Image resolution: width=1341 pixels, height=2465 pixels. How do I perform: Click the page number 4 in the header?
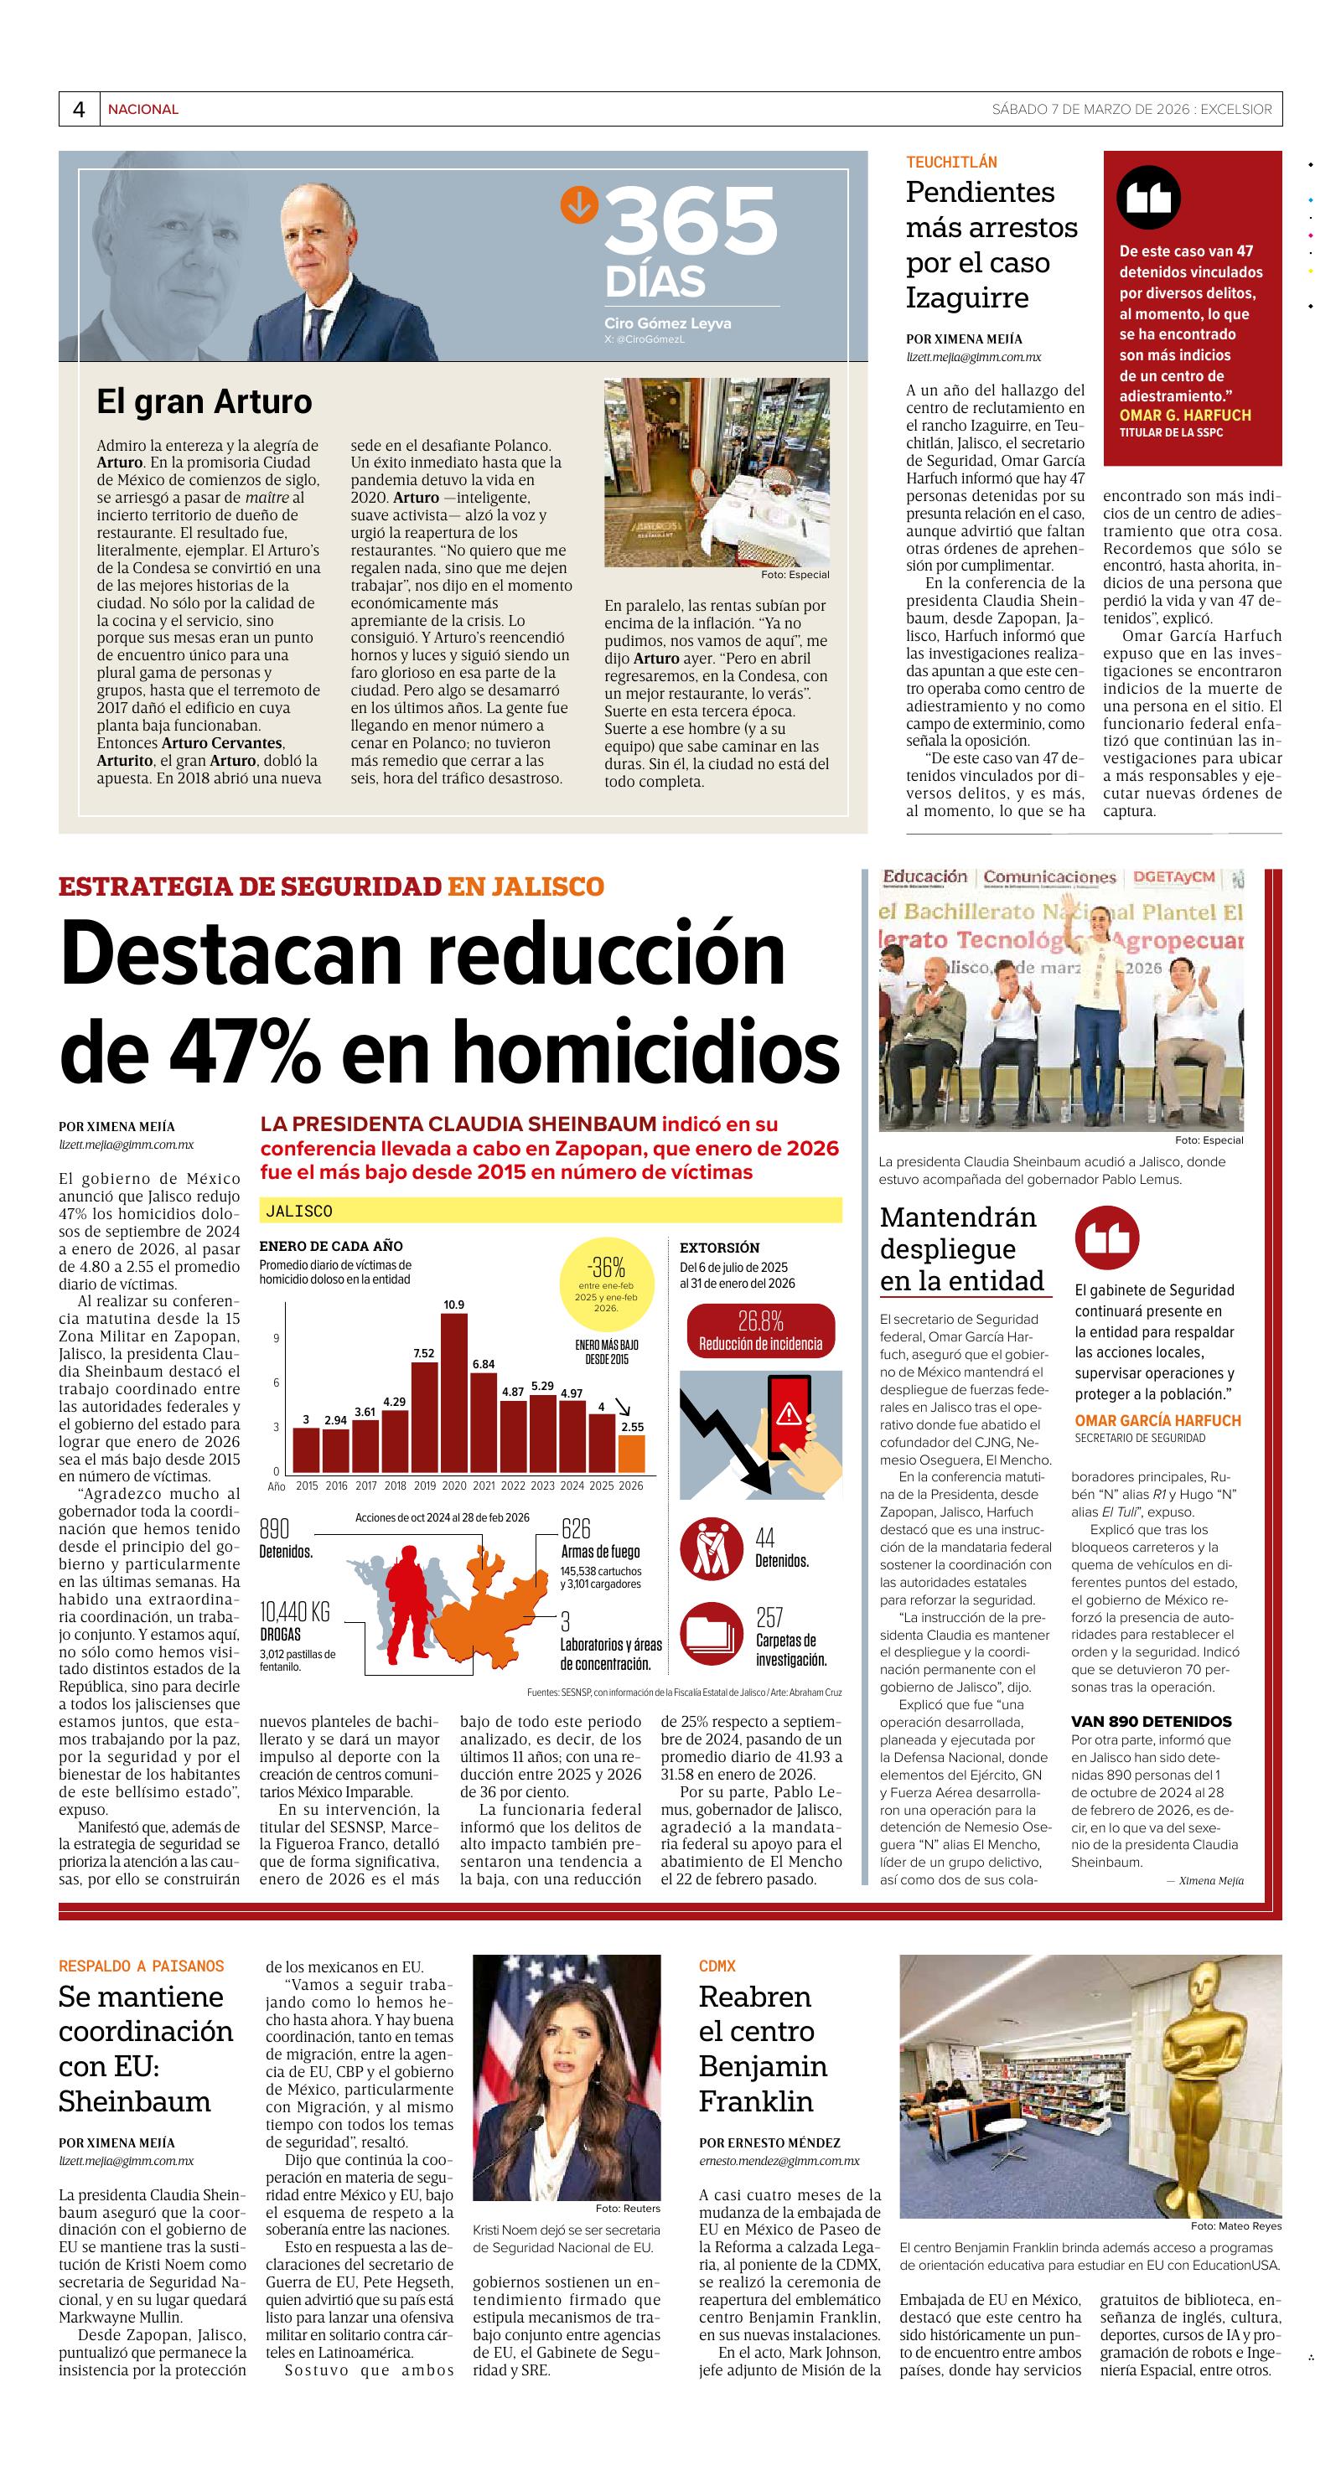[79, 109]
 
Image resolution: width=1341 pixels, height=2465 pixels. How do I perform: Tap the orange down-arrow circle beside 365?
[579, 204]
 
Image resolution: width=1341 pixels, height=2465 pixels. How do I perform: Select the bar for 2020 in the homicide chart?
[453, 1392]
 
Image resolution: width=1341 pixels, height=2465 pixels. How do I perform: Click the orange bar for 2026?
[631, 1452]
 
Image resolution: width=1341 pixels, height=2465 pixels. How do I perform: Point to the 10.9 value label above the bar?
[453, 1305]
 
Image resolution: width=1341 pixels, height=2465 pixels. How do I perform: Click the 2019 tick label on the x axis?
[424, 1486]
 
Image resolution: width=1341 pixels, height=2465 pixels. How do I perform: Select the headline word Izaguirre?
[966, 297]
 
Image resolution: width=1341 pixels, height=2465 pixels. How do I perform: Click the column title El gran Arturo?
[204, 401]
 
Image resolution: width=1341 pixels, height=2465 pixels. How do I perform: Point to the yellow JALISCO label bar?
[551, 1211]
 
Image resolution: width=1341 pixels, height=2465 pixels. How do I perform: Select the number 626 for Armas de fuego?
[577, 1528]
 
